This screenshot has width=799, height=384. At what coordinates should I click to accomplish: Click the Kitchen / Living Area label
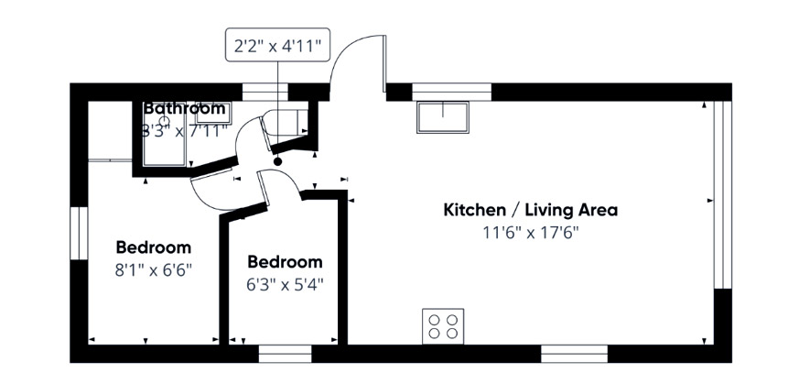coord(531,210)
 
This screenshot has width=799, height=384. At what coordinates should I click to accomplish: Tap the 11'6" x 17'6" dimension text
coord(531,233)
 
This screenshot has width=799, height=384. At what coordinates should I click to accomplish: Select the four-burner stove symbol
coord(443,326)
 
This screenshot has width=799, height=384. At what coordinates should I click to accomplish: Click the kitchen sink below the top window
coord(443,117)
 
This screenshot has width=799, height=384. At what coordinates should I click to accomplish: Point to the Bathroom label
coord(184,108)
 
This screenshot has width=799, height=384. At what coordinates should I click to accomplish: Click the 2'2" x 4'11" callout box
coord(277,45)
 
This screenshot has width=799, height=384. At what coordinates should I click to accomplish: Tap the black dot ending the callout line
coord(277,161)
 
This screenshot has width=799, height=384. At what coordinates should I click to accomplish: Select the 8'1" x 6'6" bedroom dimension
coord(153,270)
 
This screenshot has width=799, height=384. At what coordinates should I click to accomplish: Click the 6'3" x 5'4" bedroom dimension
coord(285,284)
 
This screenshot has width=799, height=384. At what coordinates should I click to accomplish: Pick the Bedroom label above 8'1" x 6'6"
coord(154,247)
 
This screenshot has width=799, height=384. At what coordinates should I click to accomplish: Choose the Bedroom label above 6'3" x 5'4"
coord(285,261)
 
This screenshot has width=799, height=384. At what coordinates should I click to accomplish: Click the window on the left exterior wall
coord(79,233)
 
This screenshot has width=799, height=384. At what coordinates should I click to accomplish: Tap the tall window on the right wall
coord(722,195)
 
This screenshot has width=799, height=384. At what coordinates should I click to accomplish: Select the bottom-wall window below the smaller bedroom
coord(285,354)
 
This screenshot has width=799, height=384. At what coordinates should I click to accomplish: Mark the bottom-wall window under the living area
coord(574,354)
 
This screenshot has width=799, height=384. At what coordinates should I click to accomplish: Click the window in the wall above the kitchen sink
coord(451,93)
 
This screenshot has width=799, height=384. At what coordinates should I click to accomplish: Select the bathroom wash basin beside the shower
coord(213,112)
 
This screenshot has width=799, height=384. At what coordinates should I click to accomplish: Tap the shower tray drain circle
coord(165,120)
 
